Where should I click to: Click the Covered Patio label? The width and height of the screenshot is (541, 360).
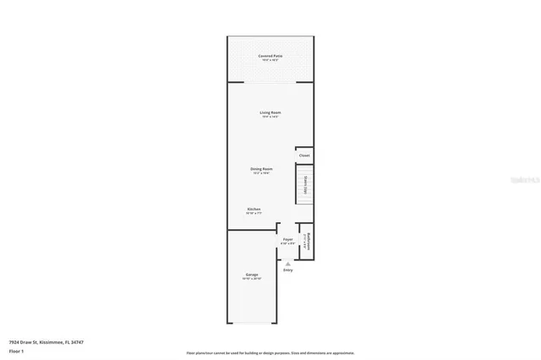click(270, 56)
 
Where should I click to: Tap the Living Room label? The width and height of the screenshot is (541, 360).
click(270, 112)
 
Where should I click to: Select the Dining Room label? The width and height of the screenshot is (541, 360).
click(260, 168)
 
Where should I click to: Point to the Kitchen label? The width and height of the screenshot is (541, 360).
click(254, 209)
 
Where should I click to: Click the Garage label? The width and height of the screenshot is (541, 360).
click(252, 274)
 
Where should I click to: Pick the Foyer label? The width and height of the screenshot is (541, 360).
click(287, 239)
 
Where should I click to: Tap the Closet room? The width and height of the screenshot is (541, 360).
click(304, 155)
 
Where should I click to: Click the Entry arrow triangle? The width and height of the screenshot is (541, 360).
click(287, 264)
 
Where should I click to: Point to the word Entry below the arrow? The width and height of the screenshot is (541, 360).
click(287, 270)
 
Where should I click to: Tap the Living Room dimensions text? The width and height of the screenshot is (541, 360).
click(270, 117)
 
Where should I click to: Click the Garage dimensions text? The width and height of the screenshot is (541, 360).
click(252, 279)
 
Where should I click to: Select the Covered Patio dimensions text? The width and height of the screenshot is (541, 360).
click(270, 61)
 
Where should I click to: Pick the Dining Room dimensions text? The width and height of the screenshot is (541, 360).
click(260, 173)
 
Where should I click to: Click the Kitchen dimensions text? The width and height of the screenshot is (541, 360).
click(254, 214)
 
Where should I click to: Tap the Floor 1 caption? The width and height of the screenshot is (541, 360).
click(16, 350)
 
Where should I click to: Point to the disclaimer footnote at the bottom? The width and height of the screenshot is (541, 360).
click(270, 352)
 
